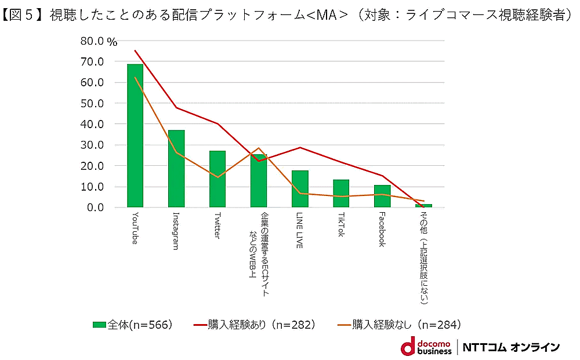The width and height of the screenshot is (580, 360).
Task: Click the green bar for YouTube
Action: tap(135, 136)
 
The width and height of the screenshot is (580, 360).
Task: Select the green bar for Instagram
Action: tap(176, 169)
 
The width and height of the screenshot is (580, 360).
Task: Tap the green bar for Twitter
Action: tap(217, 179)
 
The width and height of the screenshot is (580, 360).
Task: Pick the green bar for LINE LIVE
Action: tap(300, 189)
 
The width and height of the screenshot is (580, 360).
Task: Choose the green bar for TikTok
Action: tap(341, 194)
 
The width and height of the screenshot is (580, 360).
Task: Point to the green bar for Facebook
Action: tap(382, 197)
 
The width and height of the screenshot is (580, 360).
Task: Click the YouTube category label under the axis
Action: tap(135, 228)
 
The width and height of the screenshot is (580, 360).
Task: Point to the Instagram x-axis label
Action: tap(176, 231)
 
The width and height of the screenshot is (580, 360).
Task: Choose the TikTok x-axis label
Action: tap(341, 225)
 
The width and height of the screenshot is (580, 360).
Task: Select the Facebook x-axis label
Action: tap(382, 230)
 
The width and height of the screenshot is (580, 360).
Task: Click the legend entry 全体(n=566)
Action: tap(133, 325)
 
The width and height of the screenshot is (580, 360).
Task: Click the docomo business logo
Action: tap(426, 346)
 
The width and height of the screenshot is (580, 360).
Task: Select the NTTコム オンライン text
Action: tap(511, 347)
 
